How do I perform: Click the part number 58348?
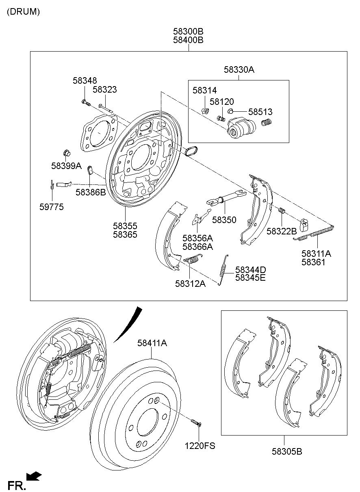[85, 81]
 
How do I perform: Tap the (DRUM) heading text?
[23, 12]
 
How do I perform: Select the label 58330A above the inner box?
[239, 70]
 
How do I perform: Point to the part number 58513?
[260, 112]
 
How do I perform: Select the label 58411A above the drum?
[152, 343]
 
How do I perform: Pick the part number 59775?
[51, 207]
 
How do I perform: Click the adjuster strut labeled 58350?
[226, 198]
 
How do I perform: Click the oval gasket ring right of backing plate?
[191, 152]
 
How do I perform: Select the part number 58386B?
[90, 193]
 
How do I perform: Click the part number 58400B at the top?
[188, 40]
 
